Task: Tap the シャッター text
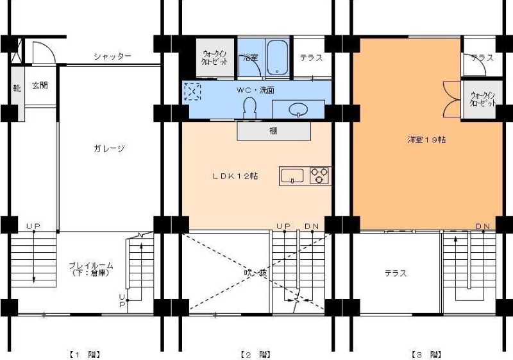(x=112, y=56)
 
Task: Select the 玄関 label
(x=40, y=85)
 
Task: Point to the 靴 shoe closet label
(x=17, y=85)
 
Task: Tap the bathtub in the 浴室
(x=277, y=57)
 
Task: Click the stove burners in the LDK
(x=320, y=175)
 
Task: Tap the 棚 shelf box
(x=273, y=131)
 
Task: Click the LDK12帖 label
(x=235, y=175)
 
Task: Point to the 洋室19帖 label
(x=426, y=139)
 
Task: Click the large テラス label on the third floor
(x=396, y=273)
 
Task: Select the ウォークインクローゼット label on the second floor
(x=215, y=58)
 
